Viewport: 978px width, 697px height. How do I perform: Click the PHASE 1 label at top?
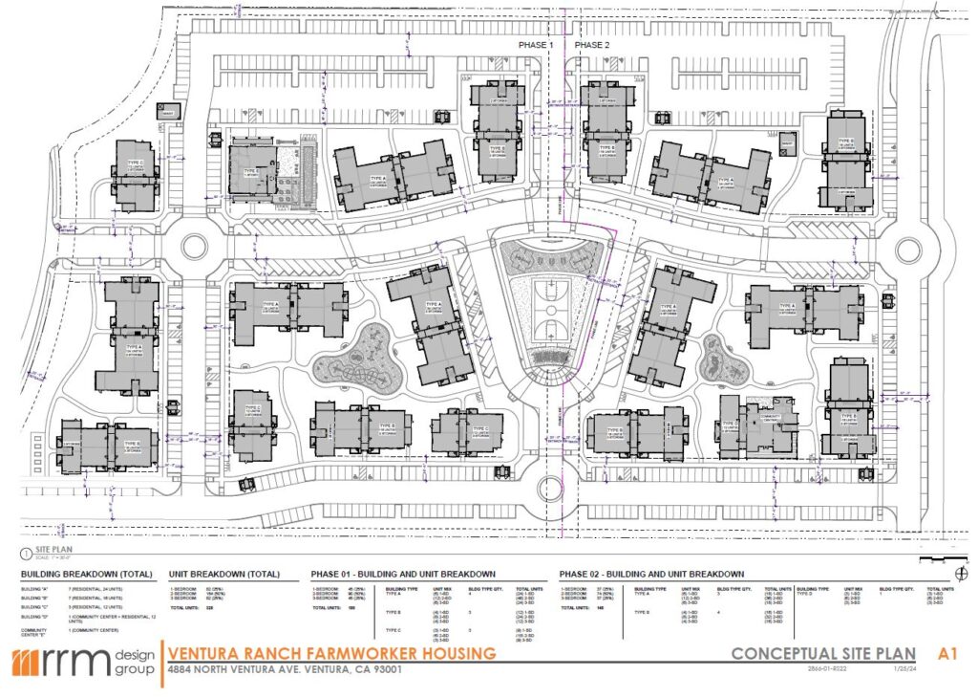point(535,45)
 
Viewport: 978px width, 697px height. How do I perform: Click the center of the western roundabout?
point(194,247)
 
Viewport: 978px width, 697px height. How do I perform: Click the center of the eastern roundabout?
point(907,250)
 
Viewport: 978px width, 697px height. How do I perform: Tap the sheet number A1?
point(946,654)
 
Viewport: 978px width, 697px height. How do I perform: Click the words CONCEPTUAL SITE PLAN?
point(822,655)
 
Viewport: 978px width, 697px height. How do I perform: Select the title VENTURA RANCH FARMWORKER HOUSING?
point(331,654)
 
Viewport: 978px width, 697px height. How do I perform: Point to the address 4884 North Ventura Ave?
point(284,669)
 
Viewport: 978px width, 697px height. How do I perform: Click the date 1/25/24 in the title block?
point(898,670)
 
